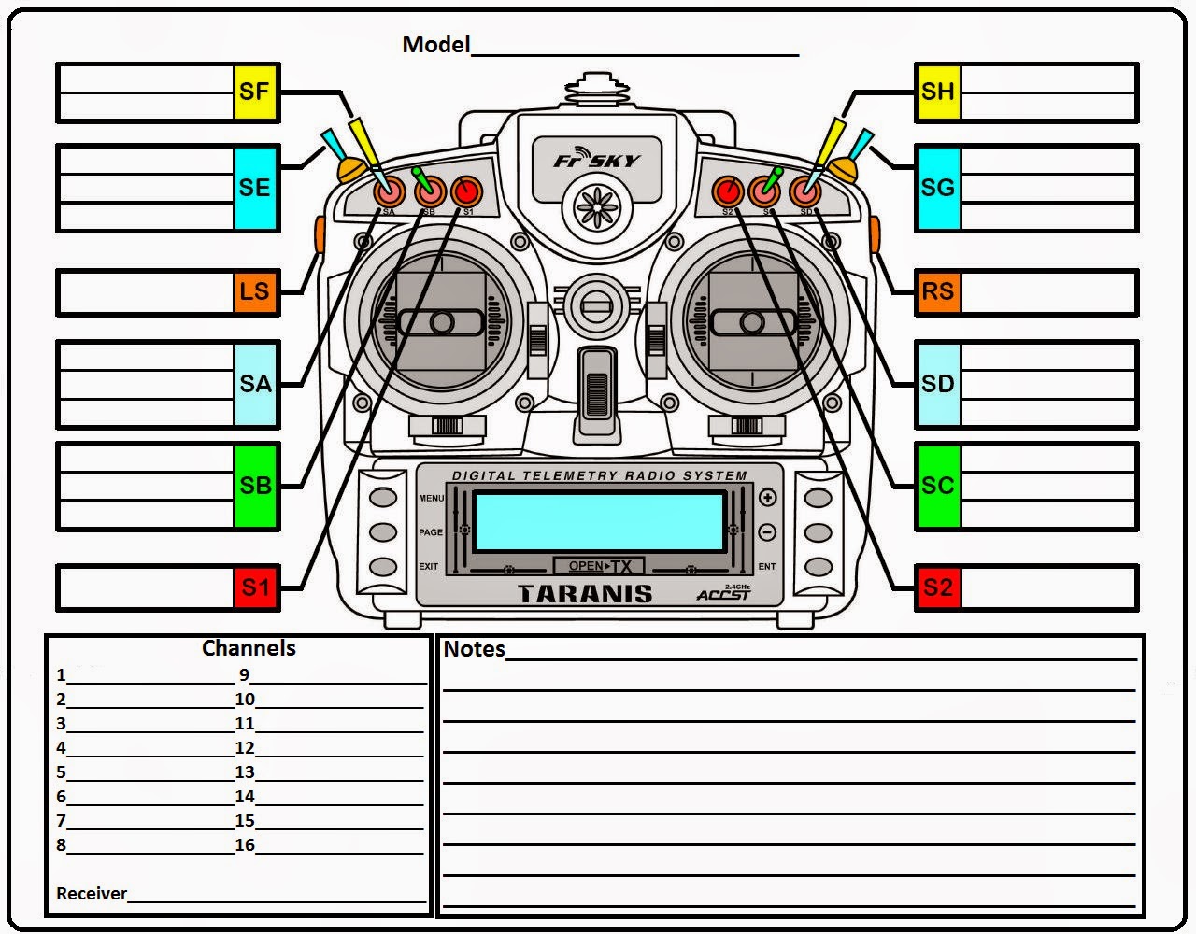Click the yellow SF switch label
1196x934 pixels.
click(x=255, y=92)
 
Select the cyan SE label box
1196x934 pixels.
click(x=255, y=188)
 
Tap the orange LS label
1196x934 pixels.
click(x=255, y=291)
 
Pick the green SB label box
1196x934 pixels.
click(x=255, y=486)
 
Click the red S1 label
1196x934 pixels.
click(x=255, y=587)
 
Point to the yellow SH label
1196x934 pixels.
click(x=937, y=92)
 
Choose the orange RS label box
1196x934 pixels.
click(x=937, y=291)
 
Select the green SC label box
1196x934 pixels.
click(x=937, y=486)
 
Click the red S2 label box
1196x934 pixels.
click(x=937, y=587)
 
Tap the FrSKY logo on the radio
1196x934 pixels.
click(x=596, y=161)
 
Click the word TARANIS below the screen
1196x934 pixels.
click(x=585, y=594)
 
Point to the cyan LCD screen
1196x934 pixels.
click(x=599, y=522)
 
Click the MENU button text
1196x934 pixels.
click(x=431, y=499)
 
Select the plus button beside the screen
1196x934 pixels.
click(x=767, y=498)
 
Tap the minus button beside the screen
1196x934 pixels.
click(x=767, y=532)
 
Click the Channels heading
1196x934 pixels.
click(x=249, y=648)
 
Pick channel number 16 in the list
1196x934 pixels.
click(x=245, y=845)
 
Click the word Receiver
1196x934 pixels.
click(x=92, y=894)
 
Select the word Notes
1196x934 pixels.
click(x=474, y=649)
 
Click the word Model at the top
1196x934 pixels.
click(x=435, y=44)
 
